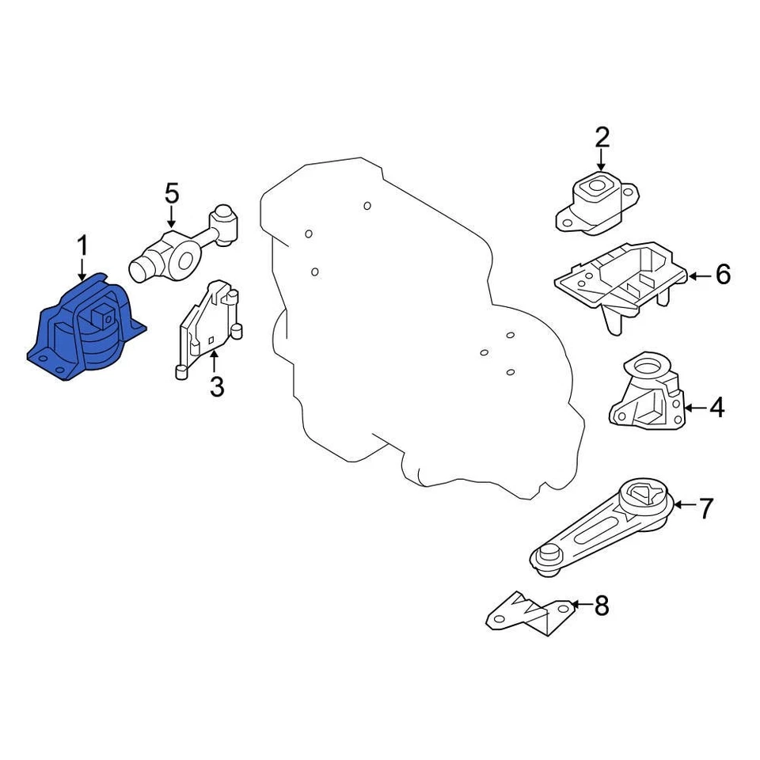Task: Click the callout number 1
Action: [x=82, y=245]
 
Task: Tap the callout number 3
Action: [x=215, y=387]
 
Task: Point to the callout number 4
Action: [x=716, y=408]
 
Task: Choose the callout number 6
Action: [x=722, y=275]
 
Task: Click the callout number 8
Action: [x=602, y=606]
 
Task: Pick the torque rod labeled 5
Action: [x=186, y=245]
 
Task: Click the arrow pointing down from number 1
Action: [x=82, y=269]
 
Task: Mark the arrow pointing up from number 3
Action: [x=215, y=364]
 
